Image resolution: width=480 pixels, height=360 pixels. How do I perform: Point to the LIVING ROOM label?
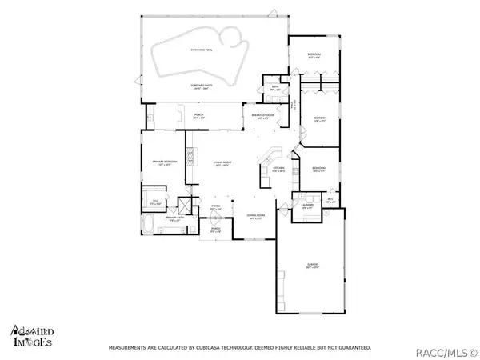point(221,164)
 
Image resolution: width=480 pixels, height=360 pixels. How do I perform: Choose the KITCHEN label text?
point(278,169)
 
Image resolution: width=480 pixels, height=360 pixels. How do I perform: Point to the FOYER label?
point(215,207)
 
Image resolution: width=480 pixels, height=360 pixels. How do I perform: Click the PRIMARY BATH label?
point(176,218)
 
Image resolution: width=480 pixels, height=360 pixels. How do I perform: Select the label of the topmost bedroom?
point(314,54)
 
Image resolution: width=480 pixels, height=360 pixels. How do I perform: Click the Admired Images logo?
point(32,335)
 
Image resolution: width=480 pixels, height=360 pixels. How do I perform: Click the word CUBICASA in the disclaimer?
point(218,348)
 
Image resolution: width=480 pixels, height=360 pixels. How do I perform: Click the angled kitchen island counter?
point(274,154)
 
